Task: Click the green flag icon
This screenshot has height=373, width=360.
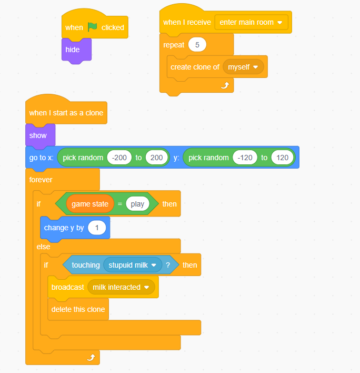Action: click(92, 27)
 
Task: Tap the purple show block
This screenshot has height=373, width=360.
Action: click(38, 135)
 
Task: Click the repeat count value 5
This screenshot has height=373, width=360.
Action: click(197, 45)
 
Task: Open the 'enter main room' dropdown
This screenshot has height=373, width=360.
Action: click(252, 22)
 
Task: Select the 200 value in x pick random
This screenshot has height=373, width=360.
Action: click(157, 158)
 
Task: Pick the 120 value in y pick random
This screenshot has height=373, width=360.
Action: click(283, 158)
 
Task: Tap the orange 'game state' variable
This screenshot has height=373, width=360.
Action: click(90, 204)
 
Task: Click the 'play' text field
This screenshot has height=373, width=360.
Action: click(137, 204)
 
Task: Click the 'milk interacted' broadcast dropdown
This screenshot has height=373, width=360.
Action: click(121, 287)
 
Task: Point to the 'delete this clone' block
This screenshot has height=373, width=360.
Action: click(78, 309)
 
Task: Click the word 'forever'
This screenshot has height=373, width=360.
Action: click(41, 180)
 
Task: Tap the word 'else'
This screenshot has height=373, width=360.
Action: click(43, 247)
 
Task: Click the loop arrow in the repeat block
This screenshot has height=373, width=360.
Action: click(225, 85)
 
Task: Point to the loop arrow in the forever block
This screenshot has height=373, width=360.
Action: click(91, 357)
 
